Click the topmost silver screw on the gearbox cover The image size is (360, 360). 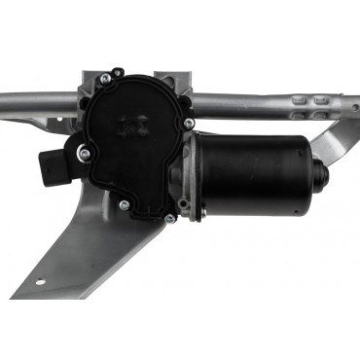(118, 73)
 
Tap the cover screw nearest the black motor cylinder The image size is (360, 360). (189, 124)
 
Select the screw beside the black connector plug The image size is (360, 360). (85, 153)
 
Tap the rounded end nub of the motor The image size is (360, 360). (319, 174)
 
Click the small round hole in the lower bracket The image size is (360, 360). (41, 285)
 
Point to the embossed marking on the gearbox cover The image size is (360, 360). (129, 126)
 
